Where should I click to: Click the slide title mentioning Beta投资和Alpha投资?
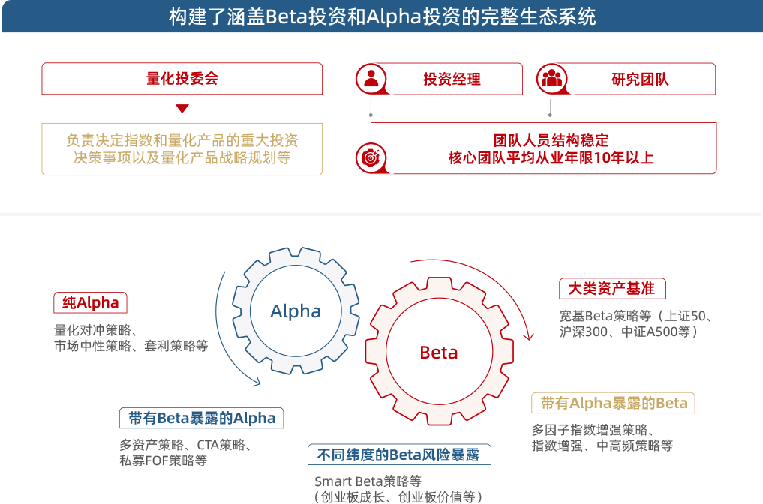tap(382, 16)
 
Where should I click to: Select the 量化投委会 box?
tap(182, 79)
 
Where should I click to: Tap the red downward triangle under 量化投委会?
tap(182, 109)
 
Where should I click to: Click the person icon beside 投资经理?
tap(371, 79)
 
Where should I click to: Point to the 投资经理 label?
tap(452, 79)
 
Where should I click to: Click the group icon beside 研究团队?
tap(551, 79)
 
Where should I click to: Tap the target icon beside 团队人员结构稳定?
tap(368, 158)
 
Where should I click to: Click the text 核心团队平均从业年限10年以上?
tap(551, 158)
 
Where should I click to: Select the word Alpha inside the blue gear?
tap(296, 311)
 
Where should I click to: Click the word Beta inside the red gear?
tap(439, 352)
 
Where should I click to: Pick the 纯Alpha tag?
tap(90, 303)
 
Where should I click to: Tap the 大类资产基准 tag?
tap(611, 288)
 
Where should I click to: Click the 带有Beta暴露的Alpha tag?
tap(201, 418)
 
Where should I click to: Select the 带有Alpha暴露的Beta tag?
tap(613, 403)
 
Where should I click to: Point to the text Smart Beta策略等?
tap(368, 481)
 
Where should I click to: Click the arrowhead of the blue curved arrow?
tap(257, 382)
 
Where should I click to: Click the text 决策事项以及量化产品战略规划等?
tap(182, 158)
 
